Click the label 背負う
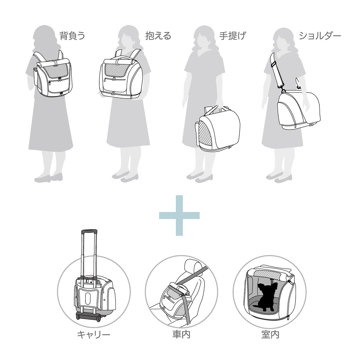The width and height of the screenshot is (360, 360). click(72, 36)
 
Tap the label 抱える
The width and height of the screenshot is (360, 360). click(158, 36)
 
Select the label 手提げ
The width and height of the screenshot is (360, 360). click(233, 36)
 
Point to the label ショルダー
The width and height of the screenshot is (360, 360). click(320, 36)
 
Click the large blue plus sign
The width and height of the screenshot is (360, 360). click(179, 216)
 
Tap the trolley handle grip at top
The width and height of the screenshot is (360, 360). click(89, 231)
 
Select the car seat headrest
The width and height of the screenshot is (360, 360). click(193, 268)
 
